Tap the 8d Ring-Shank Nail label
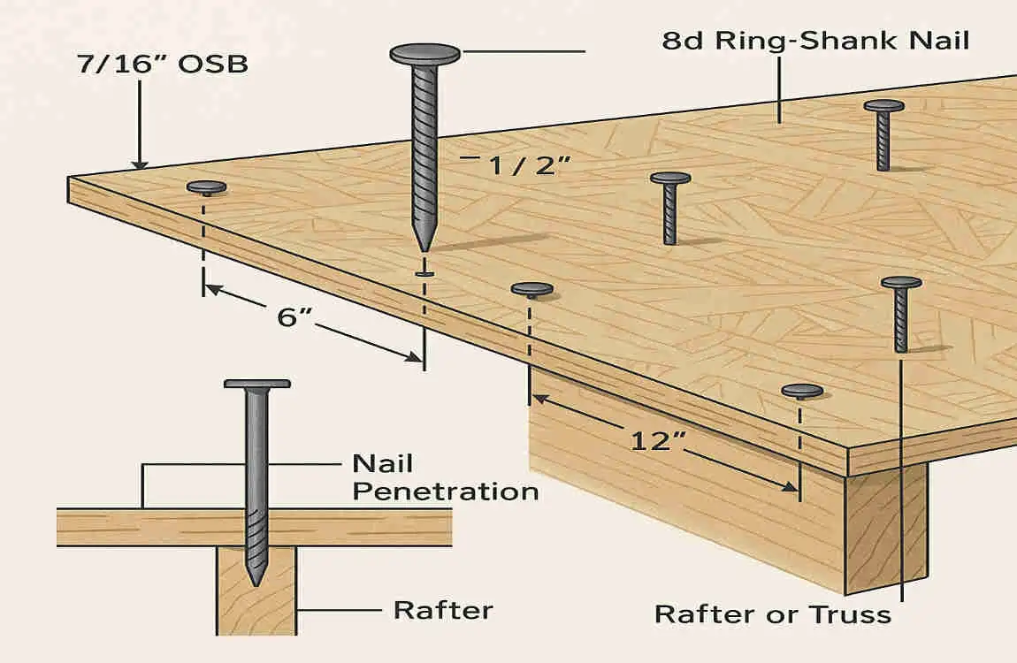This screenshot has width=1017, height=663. click(814, 41)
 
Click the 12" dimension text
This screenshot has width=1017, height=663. click(654, 440)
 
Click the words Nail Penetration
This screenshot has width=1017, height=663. click(445, 477)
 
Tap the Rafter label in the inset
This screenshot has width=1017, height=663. click(443, 610)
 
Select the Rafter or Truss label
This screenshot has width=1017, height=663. click(772, 613)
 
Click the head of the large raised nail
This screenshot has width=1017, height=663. click(424, 54)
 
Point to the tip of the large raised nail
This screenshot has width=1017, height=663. click(424, 248)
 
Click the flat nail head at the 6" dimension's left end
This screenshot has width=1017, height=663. click(206, 187)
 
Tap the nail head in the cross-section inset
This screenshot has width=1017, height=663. click(256, 384)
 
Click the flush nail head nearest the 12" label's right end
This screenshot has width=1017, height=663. click(802, 391)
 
